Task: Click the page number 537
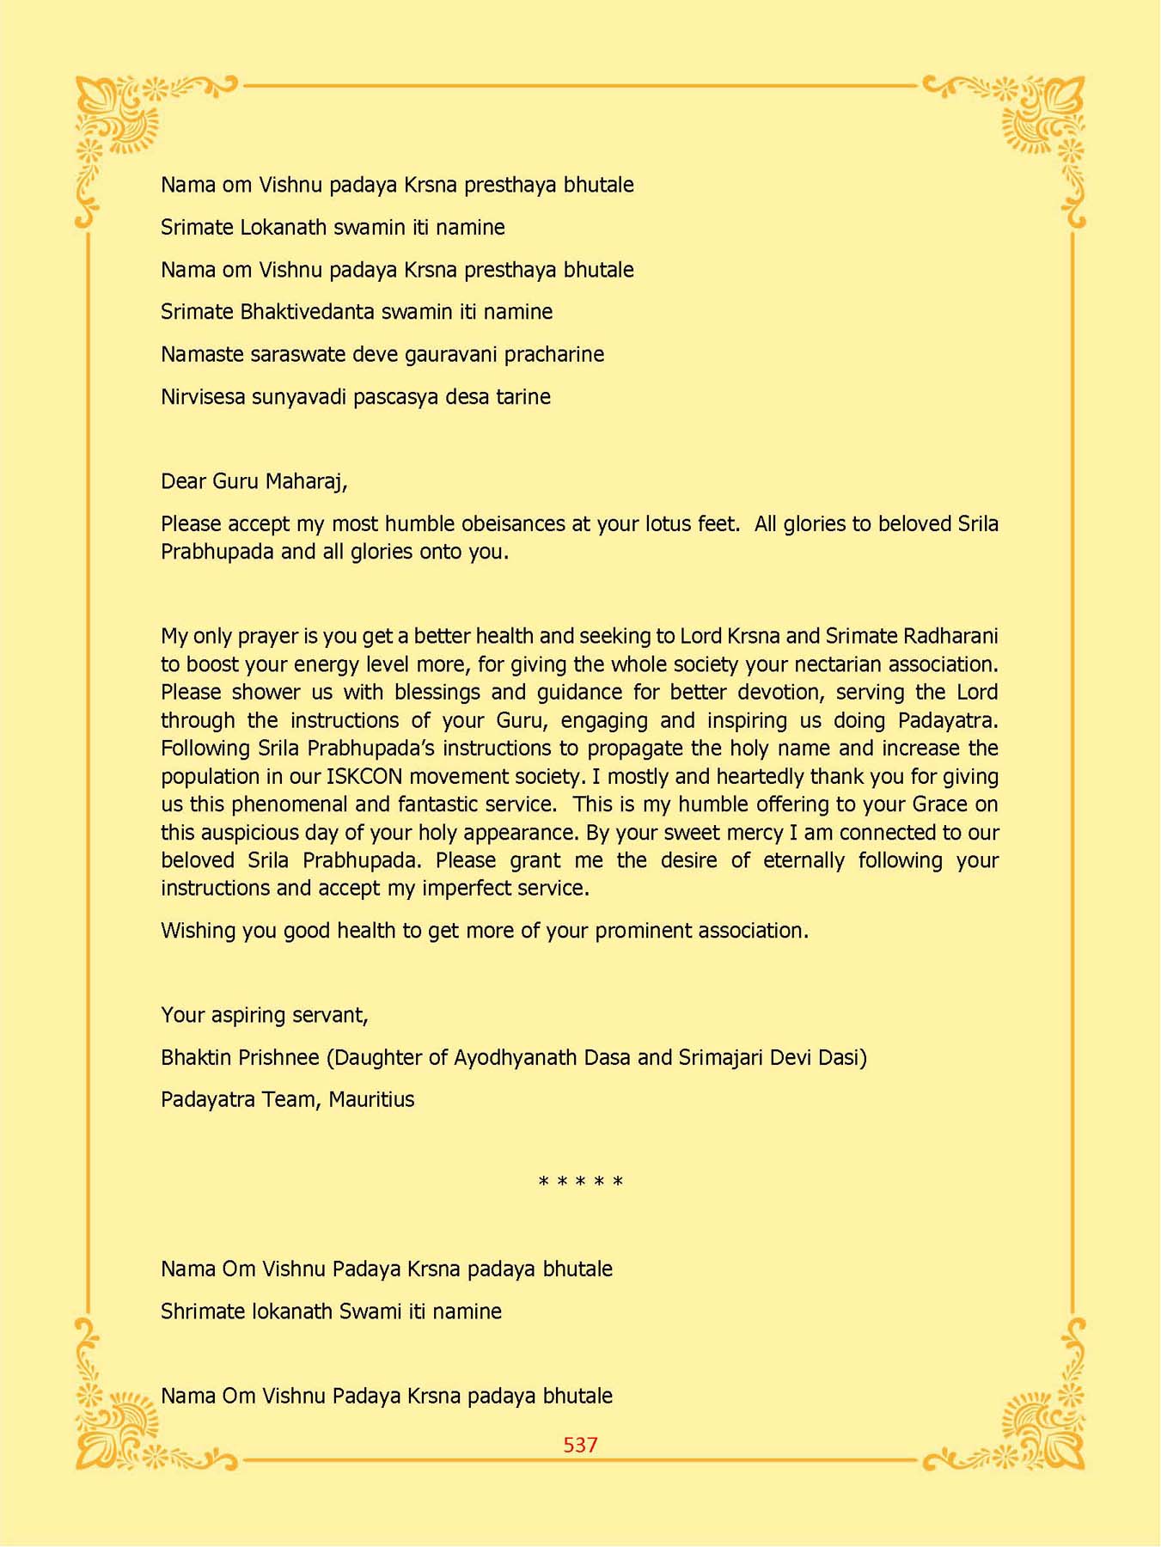click(x=580, y=1445)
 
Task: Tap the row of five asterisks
click(x=580, y=1183)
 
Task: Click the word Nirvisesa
click(x=203, y=397)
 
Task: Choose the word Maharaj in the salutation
click(x=306, y=481)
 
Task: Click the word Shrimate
click(x=202, y=1312)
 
